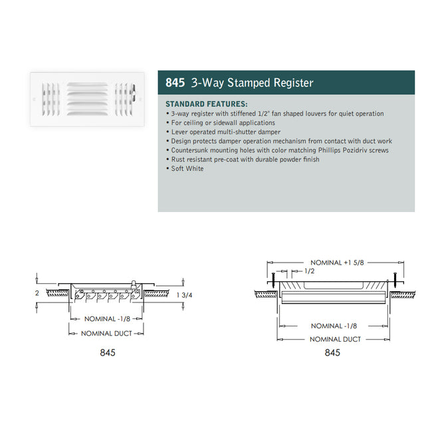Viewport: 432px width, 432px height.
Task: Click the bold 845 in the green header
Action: coord(175,84)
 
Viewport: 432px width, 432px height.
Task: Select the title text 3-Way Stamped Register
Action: coord(252,84)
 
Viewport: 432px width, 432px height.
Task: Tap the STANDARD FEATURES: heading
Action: coord(206,104)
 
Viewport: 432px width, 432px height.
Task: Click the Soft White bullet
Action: coord(187,169)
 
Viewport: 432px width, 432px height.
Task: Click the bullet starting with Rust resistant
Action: coord(244,160)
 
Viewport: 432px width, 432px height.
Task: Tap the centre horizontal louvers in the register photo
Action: coord(87,98)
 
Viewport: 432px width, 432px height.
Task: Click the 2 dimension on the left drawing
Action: coord(37,292)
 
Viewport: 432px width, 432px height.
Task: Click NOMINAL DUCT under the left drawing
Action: coord(106,333)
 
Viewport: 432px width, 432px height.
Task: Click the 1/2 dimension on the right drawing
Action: coord(309,272)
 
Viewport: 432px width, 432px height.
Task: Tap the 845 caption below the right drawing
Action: coord(332,352)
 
